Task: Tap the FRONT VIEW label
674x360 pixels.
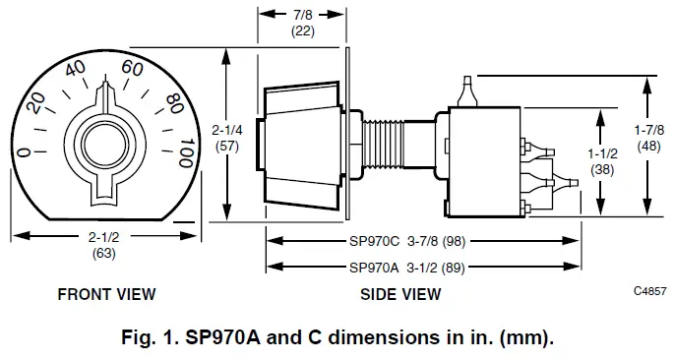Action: [x=106, y=294]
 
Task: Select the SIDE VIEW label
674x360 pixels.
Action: [x=400, y=294]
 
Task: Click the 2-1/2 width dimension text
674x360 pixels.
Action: [x=105, y=245]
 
